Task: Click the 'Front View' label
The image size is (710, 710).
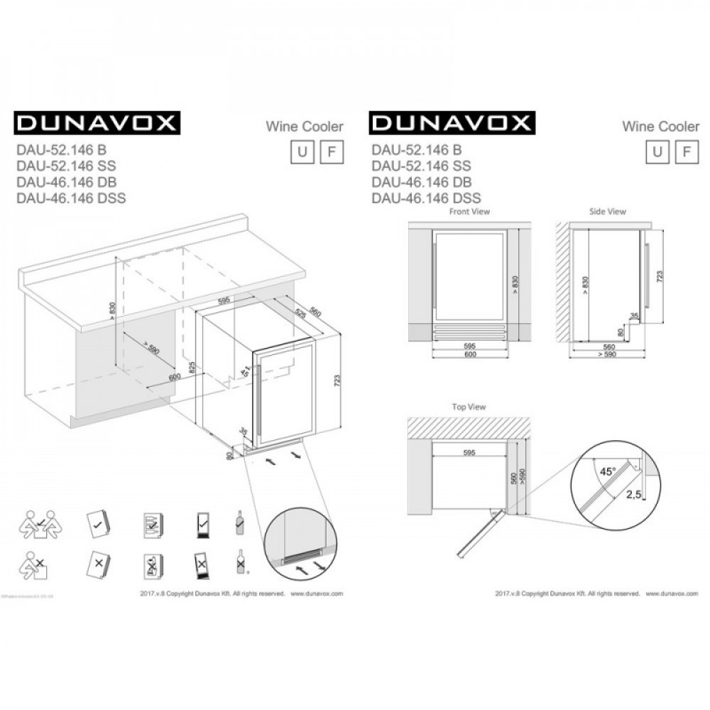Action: (x=469, y=212)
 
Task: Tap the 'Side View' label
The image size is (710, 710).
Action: (x=608, y=212)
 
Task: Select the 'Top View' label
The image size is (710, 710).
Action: (x=469, y=407)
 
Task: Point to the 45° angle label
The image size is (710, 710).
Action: (x=606, y=469)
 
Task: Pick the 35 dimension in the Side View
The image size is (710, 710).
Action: (x=633, y=315)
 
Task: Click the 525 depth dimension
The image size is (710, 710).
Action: (x=300, y=311)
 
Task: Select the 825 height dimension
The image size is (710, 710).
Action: (x=191, y=367)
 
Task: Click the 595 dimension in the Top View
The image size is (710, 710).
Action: (x=467, y=452)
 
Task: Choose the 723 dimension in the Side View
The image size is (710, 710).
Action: (x=661, y=275)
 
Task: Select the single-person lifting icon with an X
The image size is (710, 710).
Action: (x=33, y=566)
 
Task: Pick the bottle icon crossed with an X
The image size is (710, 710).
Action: (x=240, y=565)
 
